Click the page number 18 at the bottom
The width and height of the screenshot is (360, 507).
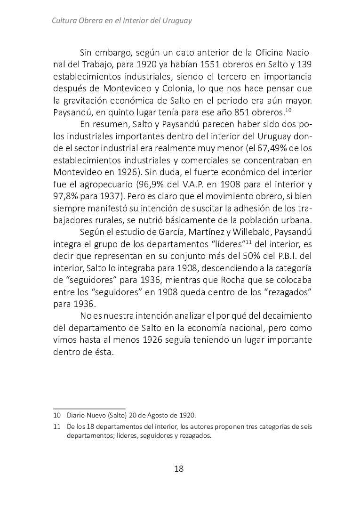179,468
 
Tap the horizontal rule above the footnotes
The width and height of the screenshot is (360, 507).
89,408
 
